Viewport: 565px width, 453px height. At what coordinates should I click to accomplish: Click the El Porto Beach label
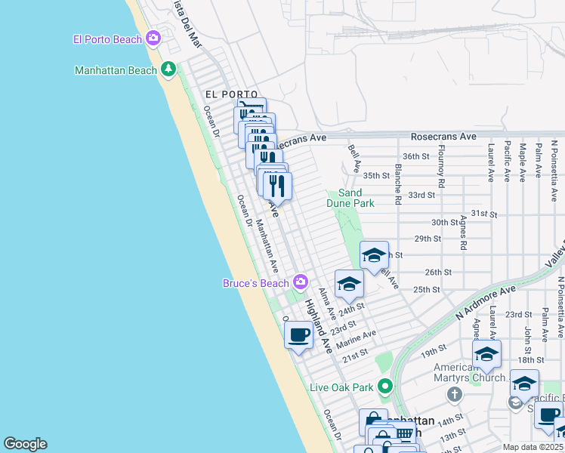[107, 39]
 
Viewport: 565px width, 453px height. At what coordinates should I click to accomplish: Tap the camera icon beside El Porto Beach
[153, 38]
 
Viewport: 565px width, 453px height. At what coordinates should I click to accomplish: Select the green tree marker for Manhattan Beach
[168, 70]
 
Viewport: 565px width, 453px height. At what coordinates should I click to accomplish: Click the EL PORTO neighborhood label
[226, 94]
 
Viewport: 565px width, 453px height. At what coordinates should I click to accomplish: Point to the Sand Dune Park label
[350, 198]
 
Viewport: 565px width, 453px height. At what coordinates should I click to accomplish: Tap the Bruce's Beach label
[255, 283]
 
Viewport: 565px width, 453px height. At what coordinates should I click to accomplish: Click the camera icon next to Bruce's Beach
[301, 282]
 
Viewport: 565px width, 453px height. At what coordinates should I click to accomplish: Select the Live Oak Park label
[341, 387]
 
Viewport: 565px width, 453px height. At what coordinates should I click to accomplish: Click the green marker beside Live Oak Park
[384, 387]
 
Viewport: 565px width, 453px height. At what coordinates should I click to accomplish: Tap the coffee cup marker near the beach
[298, 334]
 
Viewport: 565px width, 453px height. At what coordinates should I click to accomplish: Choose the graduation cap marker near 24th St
[349, 284]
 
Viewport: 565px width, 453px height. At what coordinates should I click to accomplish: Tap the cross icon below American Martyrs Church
[454, 393]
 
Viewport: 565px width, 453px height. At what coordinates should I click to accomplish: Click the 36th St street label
[415, 156]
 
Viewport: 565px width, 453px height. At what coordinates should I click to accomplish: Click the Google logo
[25, 444]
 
